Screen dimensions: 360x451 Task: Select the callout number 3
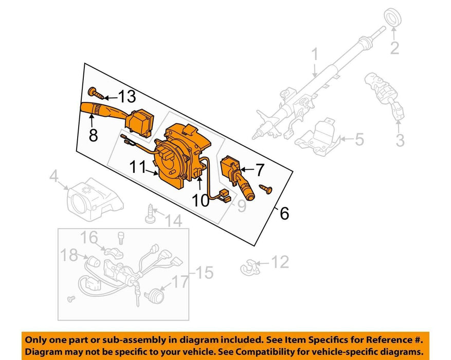click(x=400, y=139)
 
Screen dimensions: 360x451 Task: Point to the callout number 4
click(x=53, y=178)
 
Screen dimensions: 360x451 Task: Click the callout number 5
click(x=359, y=138)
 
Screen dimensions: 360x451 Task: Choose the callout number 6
click(x=284, y=212)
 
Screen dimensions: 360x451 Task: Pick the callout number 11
click(x=138, y=168)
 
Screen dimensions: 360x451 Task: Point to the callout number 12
click(x=280, y=263)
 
